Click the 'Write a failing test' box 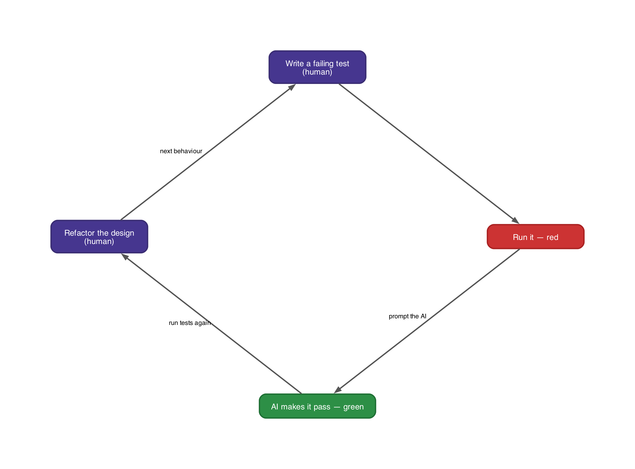pyautogui.click(x=317, y=67)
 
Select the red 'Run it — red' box pyautogui.click(x=535, y=237)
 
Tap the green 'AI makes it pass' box pyautogui.click(x=317, y=406)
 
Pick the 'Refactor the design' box pyautogui.click(x=99, y=237)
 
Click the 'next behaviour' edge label pyautogui.click(x=181, y=151)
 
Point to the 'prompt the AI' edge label pyautogui.click(x=407, y=316)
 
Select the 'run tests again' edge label pyautogui.click(x=189, y=323)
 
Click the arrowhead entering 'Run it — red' pyautogui.click(x=516, y=221)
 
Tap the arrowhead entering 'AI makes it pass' pyautogui.click(x=338, y=390)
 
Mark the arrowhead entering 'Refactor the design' pyautogui.click(x=125, y=256)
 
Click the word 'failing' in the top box pyautogui.click(x=323, y=63)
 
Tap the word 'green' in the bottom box pyautogui.click(x=353, y=407)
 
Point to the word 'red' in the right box pyautogui.click(x=552, y=237)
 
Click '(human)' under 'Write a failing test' pyautogui.click(x=317, y=72)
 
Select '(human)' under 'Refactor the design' pyautogui.click(x=99, y=241)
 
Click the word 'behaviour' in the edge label pyautogui.click(x=188, y=151)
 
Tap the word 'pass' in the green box pyautogui.click(x=322, y=407)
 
